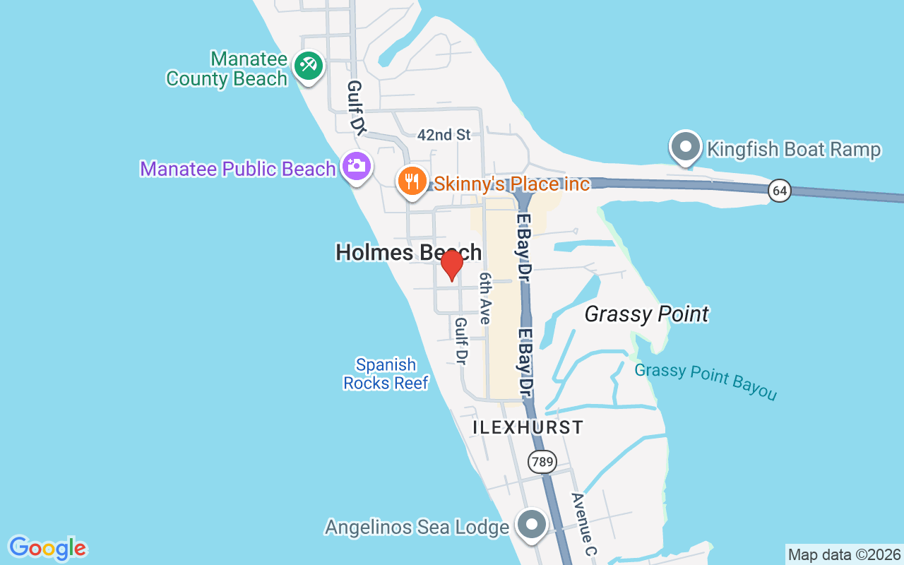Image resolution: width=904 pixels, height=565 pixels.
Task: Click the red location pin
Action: (451, 265)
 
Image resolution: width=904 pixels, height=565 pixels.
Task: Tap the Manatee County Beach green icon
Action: (308, 66)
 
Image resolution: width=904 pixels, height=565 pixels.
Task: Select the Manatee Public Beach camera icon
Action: (356, 167)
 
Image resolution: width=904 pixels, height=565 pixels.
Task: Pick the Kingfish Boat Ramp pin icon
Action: (685, 148)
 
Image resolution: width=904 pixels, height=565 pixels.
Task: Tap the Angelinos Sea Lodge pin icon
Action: (532, 525)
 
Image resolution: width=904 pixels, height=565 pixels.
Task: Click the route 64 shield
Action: (780, 191)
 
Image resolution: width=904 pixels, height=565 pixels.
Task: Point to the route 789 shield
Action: (542, 463)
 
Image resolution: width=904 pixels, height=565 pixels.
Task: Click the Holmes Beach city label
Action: (408, 252)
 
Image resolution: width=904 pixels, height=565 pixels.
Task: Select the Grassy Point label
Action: (646, 314)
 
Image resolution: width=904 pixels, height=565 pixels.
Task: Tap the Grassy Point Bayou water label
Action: (705, 381)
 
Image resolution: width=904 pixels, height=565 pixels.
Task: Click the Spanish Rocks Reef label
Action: (386, 374)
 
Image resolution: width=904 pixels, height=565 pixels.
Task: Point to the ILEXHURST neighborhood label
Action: (528, 427)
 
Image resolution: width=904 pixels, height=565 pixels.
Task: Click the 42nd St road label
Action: (444, 134)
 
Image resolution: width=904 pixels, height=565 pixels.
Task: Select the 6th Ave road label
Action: (484, 298)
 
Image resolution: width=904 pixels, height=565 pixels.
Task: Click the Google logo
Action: (47, 548)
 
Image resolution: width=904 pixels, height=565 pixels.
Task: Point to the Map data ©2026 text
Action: (844, 554)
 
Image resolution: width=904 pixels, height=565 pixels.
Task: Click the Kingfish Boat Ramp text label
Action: (794, 149)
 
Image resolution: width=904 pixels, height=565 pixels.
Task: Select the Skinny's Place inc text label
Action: (511, 184)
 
